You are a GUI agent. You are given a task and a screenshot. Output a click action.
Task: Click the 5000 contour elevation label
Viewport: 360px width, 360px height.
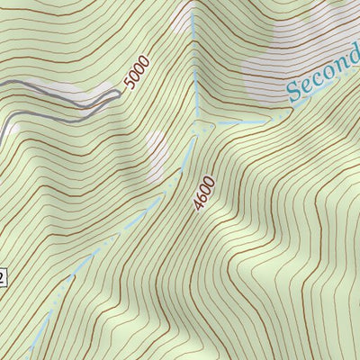(x=137, y=72)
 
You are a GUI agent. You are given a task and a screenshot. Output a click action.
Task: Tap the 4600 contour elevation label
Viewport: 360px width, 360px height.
(x=205, y=194)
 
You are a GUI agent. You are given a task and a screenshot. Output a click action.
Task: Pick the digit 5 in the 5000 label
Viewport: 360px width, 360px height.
(x=130, y=84)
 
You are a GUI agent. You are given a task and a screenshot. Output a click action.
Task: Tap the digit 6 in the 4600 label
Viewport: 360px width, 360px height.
(x=202, y=199)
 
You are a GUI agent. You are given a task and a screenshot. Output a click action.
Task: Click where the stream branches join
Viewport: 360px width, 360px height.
(x=196, y=126)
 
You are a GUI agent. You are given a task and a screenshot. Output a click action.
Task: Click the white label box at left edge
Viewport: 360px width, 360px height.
(x=3, y=276)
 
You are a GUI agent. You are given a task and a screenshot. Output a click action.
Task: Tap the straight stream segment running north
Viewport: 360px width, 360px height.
(x=194, y=72)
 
